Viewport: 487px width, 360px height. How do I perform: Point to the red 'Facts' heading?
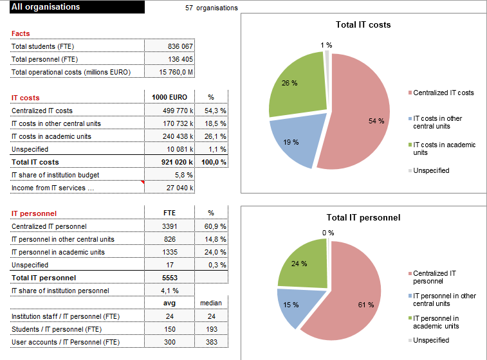(21, 33)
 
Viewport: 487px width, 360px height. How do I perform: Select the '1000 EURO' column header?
(169, 98)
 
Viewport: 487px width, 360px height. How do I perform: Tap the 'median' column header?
(211, 303)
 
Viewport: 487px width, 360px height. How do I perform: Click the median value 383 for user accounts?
(211, 342)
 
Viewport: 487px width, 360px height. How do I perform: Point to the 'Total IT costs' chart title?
(363, 25)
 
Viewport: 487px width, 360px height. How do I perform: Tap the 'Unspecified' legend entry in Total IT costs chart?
(431, 170)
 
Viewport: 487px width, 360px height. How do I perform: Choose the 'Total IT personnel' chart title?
(363, 217)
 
